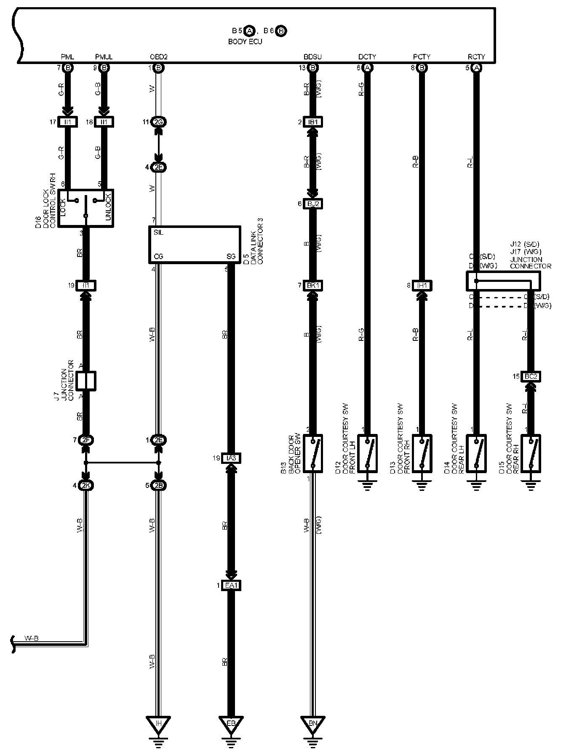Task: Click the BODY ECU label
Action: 246,42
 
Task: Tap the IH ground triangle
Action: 158,724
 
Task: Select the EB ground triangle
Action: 230,724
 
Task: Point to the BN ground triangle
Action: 312,724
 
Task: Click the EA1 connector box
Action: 230,585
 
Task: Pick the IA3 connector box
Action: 230,458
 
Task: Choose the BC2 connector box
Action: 531,377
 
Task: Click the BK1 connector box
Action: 312,286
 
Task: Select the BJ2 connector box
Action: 312,204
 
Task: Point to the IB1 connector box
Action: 312,122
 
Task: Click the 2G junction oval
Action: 159,122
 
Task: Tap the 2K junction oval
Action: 86,485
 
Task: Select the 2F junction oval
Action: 86,440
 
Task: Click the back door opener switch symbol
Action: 312,453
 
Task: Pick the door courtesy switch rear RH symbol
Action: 531,453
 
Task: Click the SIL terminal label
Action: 159,232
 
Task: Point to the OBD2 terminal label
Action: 159,57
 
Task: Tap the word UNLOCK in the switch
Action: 108,207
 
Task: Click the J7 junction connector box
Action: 86,381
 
